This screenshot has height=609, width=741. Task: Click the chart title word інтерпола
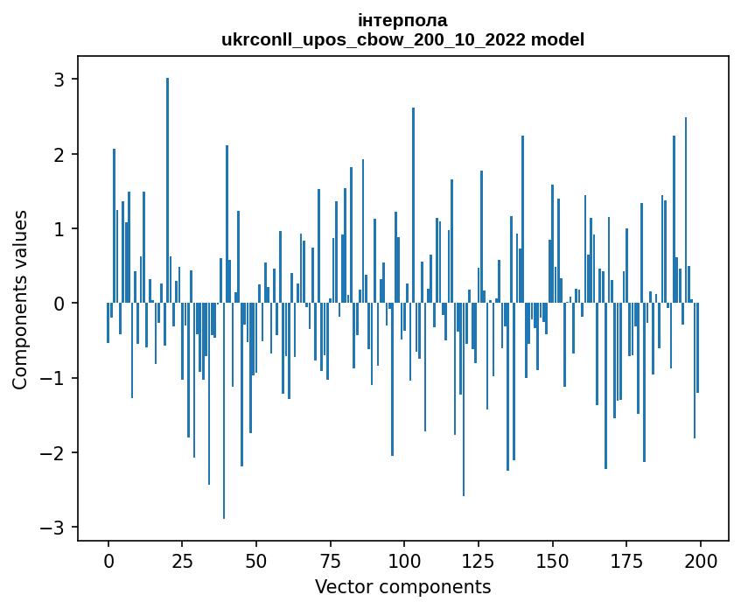click(402, 20)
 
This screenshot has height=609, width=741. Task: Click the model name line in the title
click(402, 39)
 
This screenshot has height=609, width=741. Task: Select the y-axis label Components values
click(20, 299)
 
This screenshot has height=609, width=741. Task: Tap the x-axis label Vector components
click(402, 586)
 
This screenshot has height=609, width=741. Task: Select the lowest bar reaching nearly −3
click(224, 411)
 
